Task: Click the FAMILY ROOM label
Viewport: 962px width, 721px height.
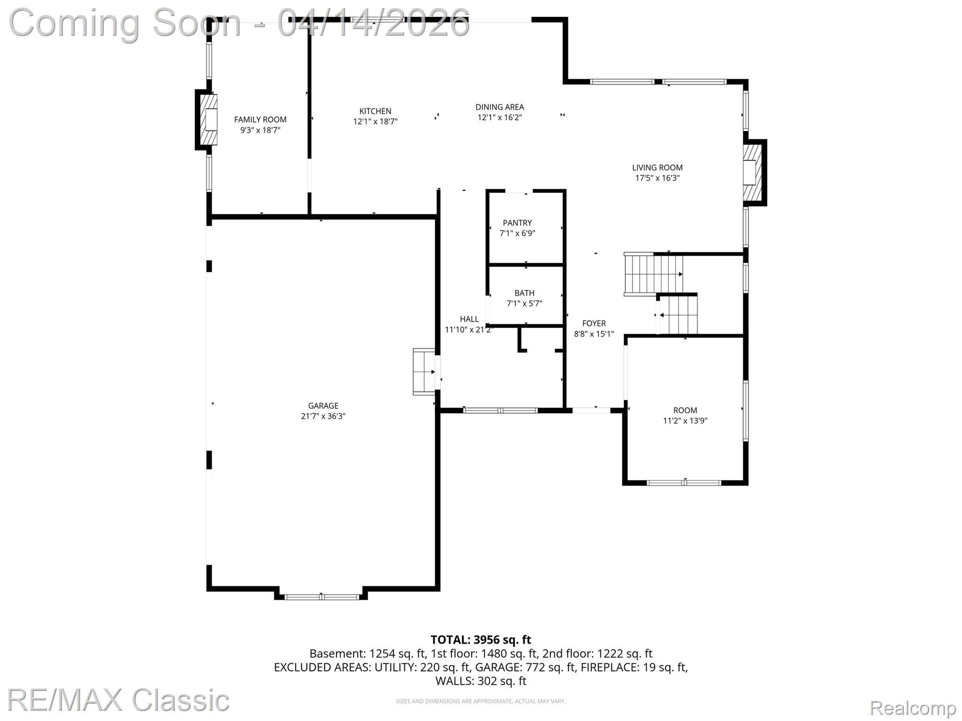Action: click(260, 120)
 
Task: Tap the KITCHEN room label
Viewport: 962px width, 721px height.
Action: click(375, 111)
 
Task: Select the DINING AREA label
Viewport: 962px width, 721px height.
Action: click(500, 107)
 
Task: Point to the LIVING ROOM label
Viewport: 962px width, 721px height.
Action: click(657, 168)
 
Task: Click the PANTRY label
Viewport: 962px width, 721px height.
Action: click(517, 223)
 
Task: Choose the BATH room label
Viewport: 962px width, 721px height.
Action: click(524, 293)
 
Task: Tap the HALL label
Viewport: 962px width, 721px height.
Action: click(469, 319)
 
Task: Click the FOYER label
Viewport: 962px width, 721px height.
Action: click(594, 323)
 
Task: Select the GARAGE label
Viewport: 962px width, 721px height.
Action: click(323, 406)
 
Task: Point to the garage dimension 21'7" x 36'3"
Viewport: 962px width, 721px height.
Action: click(323, 416)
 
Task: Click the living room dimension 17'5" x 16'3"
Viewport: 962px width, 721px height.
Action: click(657, 178)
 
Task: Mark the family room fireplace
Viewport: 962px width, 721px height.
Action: click(207, 120)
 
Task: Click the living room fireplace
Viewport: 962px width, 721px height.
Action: click(754, 173)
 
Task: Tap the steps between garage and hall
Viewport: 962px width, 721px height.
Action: click(424, 372)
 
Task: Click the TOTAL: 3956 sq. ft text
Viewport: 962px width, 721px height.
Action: click(481, 640)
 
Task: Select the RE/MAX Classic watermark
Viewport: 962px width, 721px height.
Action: click(118, 701)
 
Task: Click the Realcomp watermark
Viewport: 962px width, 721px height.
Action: click(913, 708)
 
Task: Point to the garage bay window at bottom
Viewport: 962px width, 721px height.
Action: click(321, 597)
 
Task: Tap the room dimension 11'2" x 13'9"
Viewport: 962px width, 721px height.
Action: click(685, 421)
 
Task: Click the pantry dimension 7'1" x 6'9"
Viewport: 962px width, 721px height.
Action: click(517, 233)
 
